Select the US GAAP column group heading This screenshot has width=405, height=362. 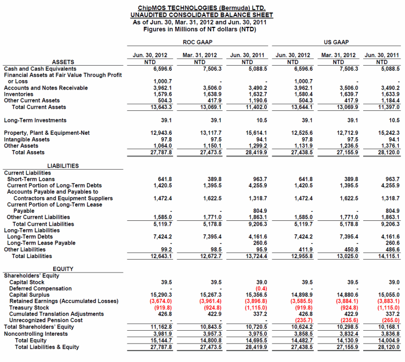pos(338,43)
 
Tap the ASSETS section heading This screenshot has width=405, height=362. pos(63,62)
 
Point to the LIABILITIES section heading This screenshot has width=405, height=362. pos(63,166)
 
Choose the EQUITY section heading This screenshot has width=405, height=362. pos(63,269)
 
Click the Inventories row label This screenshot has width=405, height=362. pos(19,94)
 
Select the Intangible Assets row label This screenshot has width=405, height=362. pos(27,140)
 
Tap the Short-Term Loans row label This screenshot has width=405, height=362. pos(31,179)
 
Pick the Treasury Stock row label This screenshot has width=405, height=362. pos(29,308)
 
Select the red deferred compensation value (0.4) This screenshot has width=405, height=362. pos(260,288)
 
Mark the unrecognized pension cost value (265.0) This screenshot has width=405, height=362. pos(390,321)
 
